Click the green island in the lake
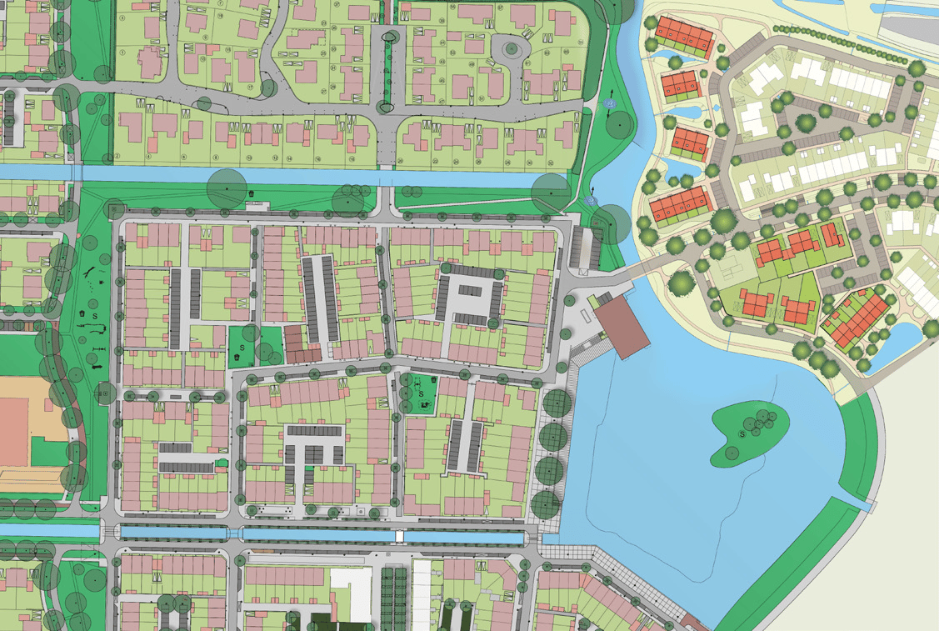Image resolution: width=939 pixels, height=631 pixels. click(750, 433)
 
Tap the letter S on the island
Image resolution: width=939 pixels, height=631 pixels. click(742, 434)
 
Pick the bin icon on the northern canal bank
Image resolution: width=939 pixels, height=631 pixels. click(252, 195)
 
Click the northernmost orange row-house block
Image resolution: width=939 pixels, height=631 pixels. click(684, 37)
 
